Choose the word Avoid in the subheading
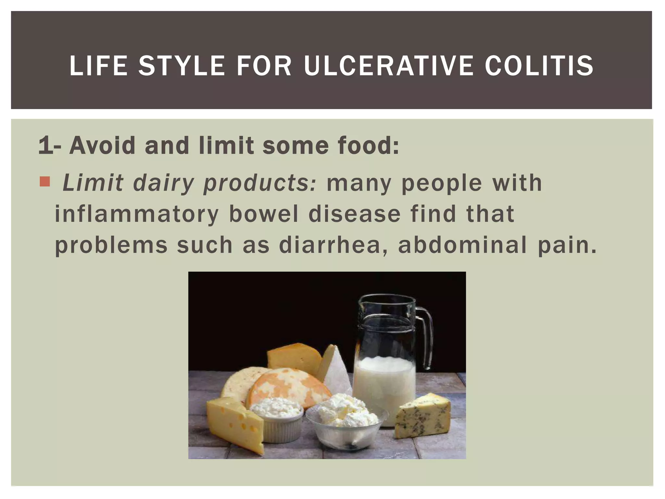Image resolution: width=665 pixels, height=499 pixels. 102,145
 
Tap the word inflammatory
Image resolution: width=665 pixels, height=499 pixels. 137,214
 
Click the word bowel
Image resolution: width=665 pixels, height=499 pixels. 264,214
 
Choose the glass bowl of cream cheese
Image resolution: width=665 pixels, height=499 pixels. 346,422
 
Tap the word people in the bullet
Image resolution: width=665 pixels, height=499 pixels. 442,183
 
